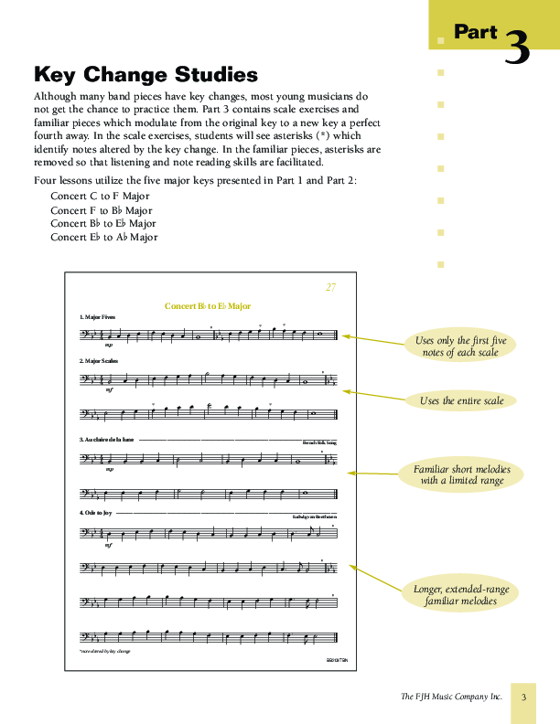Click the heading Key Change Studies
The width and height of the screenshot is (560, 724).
pos(145,74)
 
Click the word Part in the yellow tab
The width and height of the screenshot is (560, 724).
pos(476,33)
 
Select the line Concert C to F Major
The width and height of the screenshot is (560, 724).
pos(100,196)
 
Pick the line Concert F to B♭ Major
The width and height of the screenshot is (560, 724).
pos(101,209)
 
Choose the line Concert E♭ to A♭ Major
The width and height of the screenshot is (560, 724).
pos(103,237)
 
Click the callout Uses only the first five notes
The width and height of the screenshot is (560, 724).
pos(460,346)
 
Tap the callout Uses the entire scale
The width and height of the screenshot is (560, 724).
pos(461,400)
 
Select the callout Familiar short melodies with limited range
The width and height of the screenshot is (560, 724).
pos(461,474)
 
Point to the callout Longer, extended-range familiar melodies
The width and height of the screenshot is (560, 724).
pos(461,594)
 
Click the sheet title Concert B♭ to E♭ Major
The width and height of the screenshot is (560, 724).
pos(208,306)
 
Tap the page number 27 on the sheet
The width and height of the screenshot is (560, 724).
pos(330,287)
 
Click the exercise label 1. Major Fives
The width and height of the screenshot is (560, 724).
pos(98,316)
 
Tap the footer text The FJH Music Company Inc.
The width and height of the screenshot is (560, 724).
pos(451,697)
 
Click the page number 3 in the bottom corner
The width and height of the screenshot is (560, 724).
pos(524,697)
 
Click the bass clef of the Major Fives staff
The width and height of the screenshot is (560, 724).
pos(85,335)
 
